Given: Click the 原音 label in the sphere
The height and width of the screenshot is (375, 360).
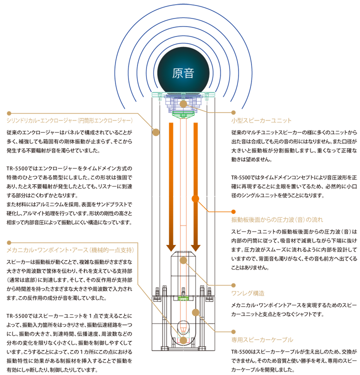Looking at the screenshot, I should pos(183,73).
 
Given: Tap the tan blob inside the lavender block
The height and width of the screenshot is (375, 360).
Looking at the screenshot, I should pos(183,104).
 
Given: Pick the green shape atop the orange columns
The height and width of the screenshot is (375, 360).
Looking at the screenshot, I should pos(183,116).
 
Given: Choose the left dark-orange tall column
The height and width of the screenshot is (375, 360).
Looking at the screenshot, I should pos(170,165).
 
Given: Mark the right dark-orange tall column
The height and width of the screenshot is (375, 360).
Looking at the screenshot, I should pos(196,165).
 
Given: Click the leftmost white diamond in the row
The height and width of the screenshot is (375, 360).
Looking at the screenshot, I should pos(156,196).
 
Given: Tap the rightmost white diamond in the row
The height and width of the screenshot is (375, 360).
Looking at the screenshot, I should pos(211,196).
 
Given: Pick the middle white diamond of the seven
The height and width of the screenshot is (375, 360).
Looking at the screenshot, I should pos(183,196).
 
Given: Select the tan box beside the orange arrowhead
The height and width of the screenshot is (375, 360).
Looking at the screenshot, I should pos(280,215).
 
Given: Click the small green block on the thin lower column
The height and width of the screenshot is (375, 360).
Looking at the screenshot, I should pos(183,298).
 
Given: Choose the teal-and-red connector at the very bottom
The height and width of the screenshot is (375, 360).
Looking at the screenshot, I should pos(183,338).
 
